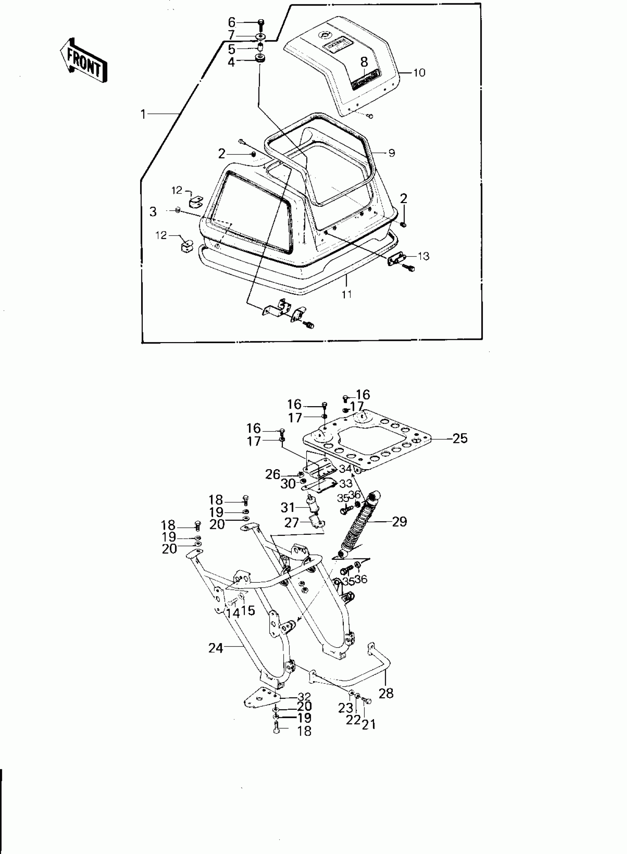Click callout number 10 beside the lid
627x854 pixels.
pyautogui.click(x=419, y=73)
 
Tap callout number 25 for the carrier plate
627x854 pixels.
pyautogui.click(x=460, y=438)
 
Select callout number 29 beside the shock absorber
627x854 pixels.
pyautogui.click(x=399, y=522)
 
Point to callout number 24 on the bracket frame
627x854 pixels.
pyautogui.click(x=216, y=648)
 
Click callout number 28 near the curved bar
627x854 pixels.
pyautogui.click(x=386, y=694)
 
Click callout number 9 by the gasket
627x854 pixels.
pyautogui.click(x=392, y=153)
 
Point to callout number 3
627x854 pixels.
pyautogui.click(x=153, y=212)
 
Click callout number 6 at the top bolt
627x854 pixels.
pyautogui.click(x=232, y=22)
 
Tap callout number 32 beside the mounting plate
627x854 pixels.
pyautogui.click(x=304, y=697)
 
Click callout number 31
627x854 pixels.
pyautogui.click(x=288, y=508)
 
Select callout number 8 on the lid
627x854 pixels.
pyautogui.click(x=364, y=62)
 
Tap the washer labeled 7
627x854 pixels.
pyautogui.click(x=260, y=37)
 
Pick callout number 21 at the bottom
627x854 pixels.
pyautogui.click(x=368, y=725)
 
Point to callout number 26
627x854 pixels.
pyautogui.click(x=273, y=474)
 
